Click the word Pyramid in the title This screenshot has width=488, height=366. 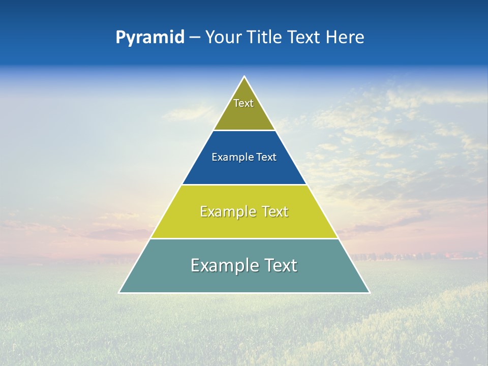pyautogui.click(x=150, y=38)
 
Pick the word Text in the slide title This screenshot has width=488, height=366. pyautogui.click(x=304, y=38)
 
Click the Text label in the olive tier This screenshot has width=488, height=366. pyautogui.click(x=243, y=103)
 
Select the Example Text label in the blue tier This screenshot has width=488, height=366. pyautogui.click(x=244, y=157)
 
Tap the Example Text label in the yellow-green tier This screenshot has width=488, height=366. pyautogui.click(x=244, y=211)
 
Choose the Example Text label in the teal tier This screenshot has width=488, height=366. pyautogui.click(x=244, y=265)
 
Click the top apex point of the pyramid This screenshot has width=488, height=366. pyautogui.click(x=245, y=77)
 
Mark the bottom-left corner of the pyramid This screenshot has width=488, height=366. pyautogui.click(x=119, y=292)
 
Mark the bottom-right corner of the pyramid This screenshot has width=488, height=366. pyautogui.click(x=369, y=292)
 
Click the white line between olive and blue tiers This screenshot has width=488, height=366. pyautogui.click(x=244, y=130)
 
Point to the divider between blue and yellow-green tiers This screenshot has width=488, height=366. pyautogui.click(x=244, y=185)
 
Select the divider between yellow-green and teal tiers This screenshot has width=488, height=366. pyautogui.click(x=244, y=238)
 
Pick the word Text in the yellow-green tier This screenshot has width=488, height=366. pyautogui.click(x=275, y=211)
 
